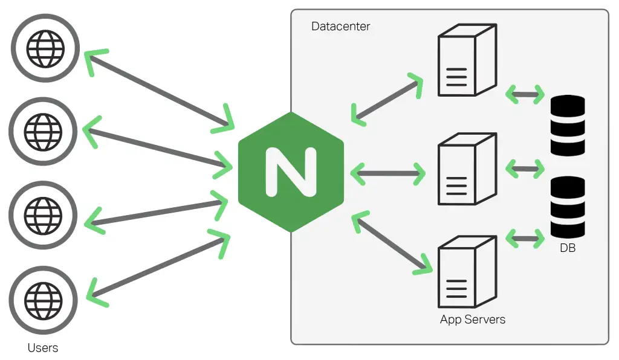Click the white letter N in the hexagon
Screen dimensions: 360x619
pyautogui.click(x=291, y=172)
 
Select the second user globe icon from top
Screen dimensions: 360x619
pyautogui.click(x=42, y=130)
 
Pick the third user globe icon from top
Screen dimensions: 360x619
pyautogui.click(x=42, y=214)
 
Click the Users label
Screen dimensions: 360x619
pyautogui.click(x=43, y=348)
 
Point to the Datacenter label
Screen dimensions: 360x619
pyautogui.click(x=340, y=27)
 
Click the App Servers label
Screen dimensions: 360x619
pyautogui.click(x=472, y=319)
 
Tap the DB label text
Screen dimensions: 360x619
pyautogui.click(x=567, y=247)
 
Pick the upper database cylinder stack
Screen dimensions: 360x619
pyautogui.click(x=568, y=125)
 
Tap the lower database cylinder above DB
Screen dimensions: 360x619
pyautogui.click(x=568, y=207)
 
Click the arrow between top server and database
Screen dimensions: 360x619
pyautogui.click(x=525, y=94)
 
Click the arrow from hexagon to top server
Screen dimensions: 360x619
pyautogui.click(x=387, y=99)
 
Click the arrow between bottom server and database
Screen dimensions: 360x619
pyautogui.click(x=525, y=238)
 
